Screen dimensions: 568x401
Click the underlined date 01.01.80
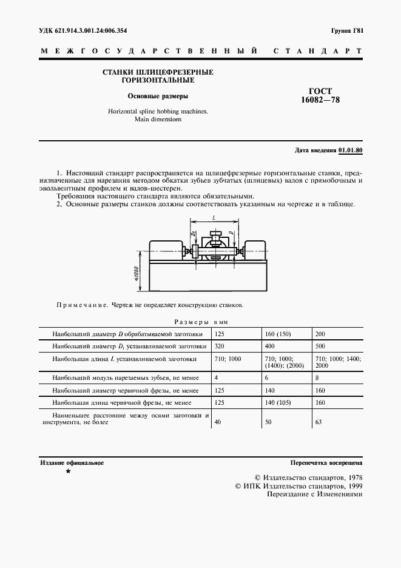click(x=350, y=150)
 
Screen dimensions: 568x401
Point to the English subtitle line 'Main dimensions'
click(x=158, y=120)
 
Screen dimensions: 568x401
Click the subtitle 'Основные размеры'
click(x=158, y=96)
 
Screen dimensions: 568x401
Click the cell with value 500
click(x=320, y=346)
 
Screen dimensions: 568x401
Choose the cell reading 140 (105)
click(x=281, y=402)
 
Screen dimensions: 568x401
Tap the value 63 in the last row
click(x=318, y=422)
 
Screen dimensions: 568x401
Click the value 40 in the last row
click(x=218, y=422)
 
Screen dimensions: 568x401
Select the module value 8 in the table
click(x=317, y=377)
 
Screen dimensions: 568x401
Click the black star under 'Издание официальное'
click(x=68, y=472)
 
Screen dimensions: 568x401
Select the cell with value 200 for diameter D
click(x=320, y=334)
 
